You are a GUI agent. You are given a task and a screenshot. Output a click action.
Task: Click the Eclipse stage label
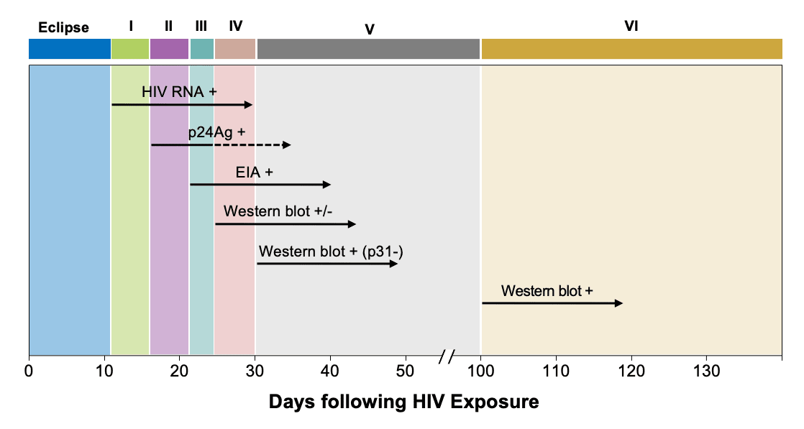click(x=63, y=28)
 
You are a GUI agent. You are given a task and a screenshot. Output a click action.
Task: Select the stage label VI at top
click(x=631, y=27)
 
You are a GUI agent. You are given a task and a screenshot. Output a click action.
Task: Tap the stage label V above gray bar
click(x=369, y=29)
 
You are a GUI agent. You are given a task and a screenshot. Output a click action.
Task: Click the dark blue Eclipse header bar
click(x=70, y=49)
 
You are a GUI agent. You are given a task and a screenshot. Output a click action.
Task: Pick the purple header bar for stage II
click(x=169, y=49)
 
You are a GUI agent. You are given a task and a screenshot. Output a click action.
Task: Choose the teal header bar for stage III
click(x=201, y=49)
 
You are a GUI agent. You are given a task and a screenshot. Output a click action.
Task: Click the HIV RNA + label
click(x=179, y=93)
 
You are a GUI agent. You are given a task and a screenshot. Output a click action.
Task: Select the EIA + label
click(x=254, y=172)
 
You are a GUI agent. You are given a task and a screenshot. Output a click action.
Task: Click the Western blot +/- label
click(x=278, y=211)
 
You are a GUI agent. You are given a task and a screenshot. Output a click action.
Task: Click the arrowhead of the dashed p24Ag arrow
click(x=287, y=145)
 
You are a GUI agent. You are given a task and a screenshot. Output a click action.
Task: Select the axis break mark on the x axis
click(x=447, y=356)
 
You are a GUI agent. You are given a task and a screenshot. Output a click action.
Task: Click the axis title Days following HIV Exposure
click(x=403, y=402)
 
